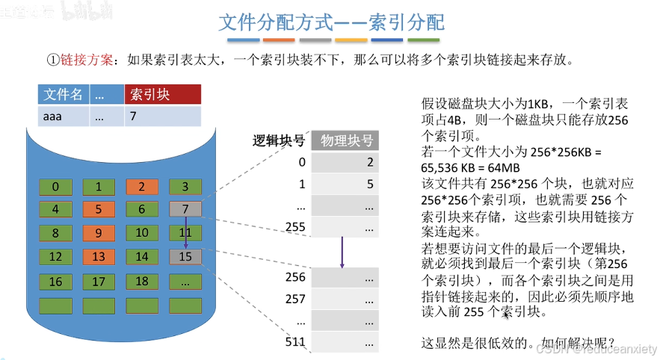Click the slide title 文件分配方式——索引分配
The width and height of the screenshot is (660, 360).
click(330, 22)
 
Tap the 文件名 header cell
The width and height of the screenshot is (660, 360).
click(63, 94)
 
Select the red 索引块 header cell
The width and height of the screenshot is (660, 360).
click(163, 94)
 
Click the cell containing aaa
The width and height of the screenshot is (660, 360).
click(63, 116)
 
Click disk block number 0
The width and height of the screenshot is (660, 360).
click(55, 187)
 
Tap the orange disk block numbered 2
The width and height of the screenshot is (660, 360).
click(141, 187)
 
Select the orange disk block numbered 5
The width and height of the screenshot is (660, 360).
click(99, 210)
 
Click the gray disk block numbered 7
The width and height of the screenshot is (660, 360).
click(185, 210)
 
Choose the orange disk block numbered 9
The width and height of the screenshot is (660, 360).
click(99, 233)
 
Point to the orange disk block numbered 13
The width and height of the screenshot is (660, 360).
click(99, 257)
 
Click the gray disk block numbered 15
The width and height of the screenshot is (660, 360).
click(185, 257)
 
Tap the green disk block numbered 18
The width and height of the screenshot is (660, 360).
click(141, 282)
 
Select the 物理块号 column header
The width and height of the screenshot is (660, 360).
click(347, 140)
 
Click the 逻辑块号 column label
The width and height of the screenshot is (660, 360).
click(279, 140)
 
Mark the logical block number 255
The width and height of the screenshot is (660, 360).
click(296, 226)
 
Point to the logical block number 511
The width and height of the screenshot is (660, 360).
click(296, 342)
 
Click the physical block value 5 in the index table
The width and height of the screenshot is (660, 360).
click(370, 184)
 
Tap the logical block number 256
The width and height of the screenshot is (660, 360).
click(296, 277)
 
